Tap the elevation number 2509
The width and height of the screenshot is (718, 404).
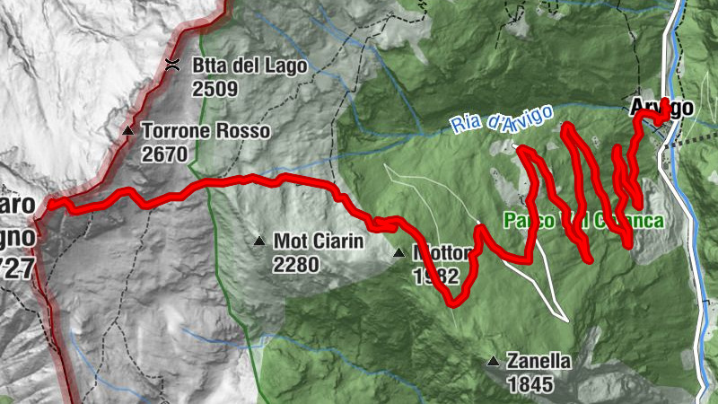(214, 88)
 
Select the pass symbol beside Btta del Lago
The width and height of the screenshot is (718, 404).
(172, 64)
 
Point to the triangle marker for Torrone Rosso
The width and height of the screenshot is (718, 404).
(128, 131)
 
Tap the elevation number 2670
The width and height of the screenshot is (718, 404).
(164, 154)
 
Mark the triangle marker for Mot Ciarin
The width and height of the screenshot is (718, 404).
(258, 241)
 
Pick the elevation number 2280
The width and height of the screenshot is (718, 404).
(296, 264)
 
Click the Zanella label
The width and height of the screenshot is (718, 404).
(538, 362)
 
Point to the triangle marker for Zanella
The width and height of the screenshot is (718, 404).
(493, 362)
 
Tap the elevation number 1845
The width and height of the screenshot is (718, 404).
(530, 384)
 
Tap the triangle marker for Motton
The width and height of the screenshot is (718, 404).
(399, 253)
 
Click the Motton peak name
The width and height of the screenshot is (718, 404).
(440, 252)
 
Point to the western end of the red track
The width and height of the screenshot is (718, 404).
(49, 206)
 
